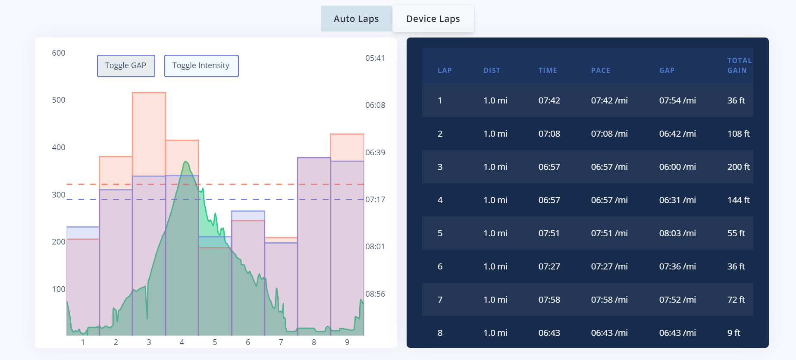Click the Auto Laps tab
click(356, 19)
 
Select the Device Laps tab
click(433, 19)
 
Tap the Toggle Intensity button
click(201, 66)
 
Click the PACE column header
click(601, 70)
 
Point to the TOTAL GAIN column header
click(740, 66)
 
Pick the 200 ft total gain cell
click(738, 167)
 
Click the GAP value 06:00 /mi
click(677, 167)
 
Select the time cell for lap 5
click(549, 233)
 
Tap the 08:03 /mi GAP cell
click(677, 233)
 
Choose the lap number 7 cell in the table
click(440, 300)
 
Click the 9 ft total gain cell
click(733, 333)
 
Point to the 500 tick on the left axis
click(59, 100)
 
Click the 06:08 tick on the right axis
click(375, 105)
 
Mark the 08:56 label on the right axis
click(375, 294)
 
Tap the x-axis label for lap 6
click(248, 342)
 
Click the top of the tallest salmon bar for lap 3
click(149, 93)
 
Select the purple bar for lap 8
click(314, 246)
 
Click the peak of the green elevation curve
click(186, 161)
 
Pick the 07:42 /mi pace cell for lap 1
click(609, 100)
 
